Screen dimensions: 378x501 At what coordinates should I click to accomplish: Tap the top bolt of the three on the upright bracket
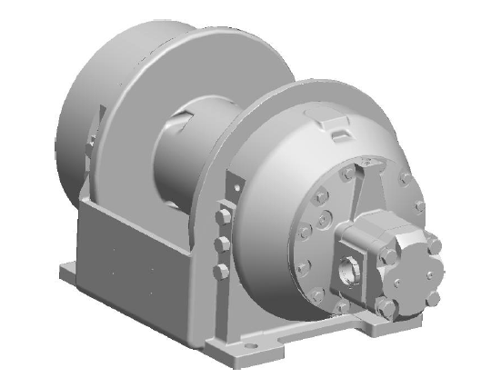tap(221, 217)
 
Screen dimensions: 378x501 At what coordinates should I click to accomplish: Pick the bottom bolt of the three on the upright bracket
tap(221, 270)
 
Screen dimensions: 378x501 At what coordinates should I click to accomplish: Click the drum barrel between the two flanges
tap(186, 150)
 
